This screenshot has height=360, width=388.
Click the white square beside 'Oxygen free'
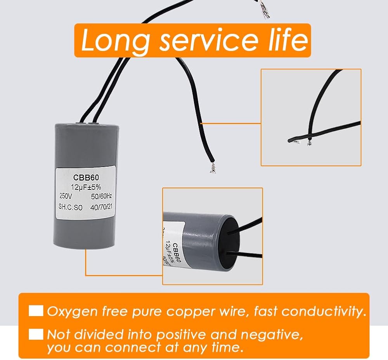(36, 311)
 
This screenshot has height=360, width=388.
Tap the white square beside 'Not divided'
(36, 334)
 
